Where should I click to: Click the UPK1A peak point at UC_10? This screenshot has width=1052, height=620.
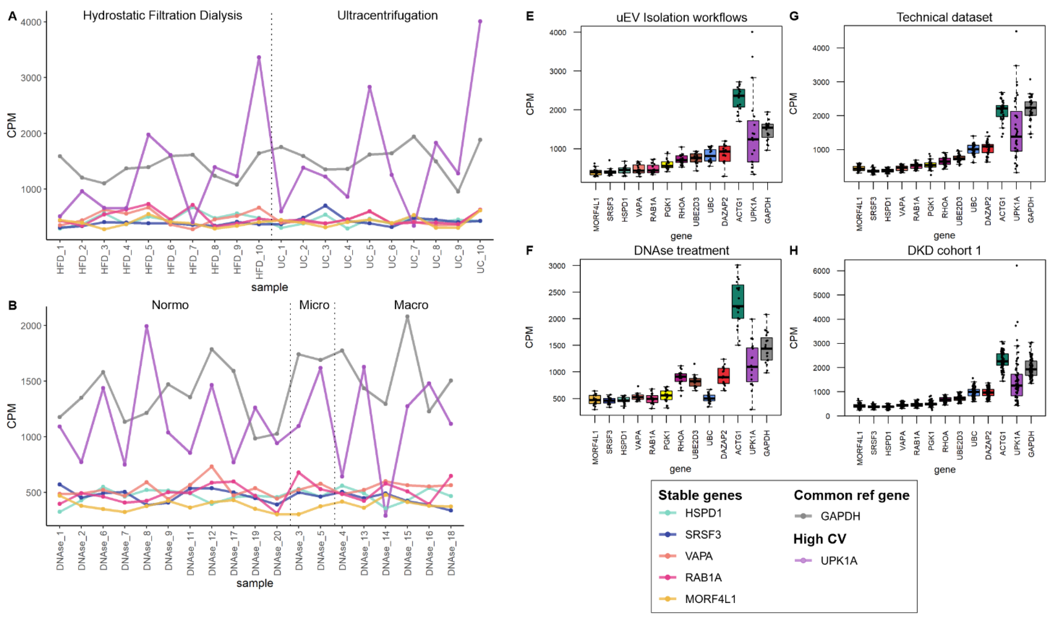point(480,21)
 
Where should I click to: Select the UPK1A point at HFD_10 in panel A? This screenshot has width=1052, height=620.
point(259,57)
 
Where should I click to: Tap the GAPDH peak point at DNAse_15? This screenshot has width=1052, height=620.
point(407,317)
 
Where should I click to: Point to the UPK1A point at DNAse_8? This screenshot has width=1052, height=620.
point(147,326)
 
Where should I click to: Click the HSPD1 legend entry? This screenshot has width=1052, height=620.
point(703,513)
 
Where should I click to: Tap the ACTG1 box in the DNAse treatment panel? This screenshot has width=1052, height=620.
point(738,301)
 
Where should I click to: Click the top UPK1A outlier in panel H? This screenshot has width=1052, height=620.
point(1016,265)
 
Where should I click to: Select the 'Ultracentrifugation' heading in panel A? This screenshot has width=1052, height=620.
point(388,16)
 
